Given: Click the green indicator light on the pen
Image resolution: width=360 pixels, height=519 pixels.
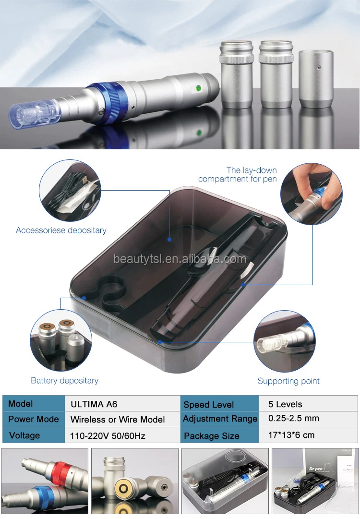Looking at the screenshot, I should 197,88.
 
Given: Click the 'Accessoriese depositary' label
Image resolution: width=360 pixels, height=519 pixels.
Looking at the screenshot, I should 61,230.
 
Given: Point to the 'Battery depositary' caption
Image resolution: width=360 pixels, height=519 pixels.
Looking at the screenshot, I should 64,381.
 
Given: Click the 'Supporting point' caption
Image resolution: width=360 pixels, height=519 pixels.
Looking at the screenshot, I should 288,381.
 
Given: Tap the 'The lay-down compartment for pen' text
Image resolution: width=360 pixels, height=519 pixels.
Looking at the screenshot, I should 238,175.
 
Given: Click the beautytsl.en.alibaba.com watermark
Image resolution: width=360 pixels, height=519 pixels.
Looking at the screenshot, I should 180,259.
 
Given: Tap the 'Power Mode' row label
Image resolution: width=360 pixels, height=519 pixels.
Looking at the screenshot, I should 34,419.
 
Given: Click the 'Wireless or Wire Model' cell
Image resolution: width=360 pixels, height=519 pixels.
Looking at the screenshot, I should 118,420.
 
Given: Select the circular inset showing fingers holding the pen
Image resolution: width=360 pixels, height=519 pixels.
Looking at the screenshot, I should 311,193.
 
